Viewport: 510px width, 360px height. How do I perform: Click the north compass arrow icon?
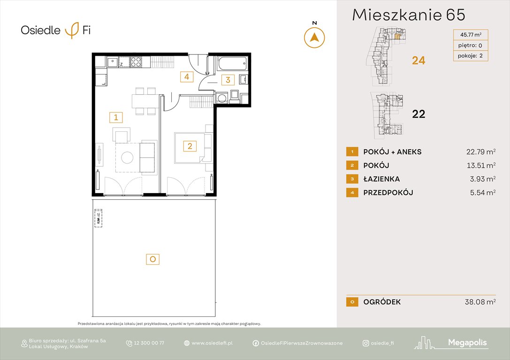314,37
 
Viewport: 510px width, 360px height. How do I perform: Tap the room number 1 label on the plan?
115,117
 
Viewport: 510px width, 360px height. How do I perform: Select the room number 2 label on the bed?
190,146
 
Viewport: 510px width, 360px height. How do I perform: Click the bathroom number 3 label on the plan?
228,80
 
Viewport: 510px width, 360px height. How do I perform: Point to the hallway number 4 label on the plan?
187,76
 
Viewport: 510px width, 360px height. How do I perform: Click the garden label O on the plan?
152,258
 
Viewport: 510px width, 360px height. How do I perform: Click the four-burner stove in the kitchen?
136,62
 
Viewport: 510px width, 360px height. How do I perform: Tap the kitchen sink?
113,62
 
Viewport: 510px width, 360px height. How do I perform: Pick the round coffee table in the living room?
128,157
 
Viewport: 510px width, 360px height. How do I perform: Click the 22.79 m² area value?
478,152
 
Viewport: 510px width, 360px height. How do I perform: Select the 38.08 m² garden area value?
478,302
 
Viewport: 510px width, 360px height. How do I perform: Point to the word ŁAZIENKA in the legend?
381,179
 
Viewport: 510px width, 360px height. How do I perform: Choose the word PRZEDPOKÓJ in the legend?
388,193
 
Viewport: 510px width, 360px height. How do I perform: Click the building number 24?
418,60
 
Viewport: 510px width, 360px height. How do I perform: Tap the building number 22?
418,114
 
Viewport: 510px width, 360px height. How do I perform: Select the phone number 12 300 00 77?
149,343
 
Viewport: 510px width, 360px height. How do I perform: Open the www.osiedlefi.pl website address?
212,343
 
